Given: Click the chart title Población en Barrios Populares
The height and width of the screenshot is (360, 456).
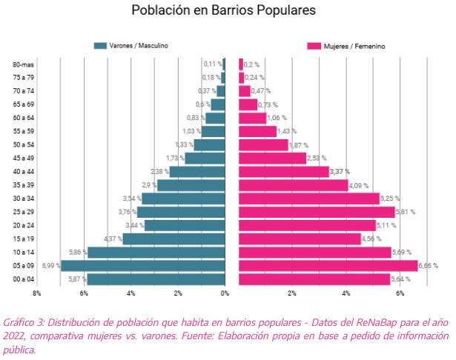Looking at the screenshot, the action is click(223, 10).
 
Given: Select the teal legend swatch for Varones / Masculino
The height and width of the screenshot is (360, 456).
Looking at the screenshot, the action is click(100, 46).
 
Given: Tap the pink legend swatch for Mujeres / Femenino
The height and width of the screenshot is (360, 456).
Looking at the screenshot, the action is click(314, 46).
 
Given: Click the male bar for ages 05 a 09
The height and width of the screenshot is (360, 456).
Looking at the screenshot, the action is click(143, 266).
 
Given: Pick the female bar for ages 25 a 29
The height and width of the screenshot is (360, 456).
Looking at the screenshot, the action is click(317, 212).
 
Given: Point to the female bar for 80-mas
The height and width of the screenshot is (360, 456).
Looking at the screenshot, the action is click(241, 64).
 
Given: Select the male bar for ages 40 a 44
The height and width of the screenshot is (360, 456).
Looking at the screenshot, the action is click(197, 171).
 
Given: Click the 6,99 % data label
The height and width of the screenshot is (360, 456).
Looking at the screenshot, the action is click(51, 266).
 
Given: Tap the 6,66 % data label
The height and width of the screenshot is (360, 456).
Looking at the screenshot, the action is click(428, 266).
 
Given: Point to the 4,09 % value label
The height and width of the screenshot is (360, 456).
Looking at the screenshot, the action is click(359, 185).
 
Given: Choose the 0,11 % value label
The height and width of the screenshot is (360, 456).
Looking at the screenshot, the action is click(213, 64).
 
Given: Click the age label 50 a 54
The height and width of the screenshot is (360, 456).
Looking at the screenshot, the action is click(24, 144).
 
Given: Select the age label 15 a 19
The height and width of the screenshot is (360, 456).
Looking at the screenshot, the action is click(24, 239).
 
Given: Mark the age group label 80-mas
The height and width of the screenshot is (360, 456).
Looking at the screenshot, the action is click(23, 64).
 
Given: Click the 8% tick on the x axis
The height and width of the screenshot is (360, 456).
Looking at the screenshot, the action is click(36, 293).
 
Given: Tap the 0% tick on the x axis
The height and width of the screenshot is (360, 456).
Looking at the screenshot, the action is click(225, 293).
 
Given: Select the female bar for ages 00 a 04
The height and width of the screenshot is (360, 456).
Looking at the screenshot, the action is click(314, 279).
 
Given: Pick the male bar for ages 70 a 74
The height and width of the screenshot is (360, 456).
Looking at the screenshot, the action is click(221, 91).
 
